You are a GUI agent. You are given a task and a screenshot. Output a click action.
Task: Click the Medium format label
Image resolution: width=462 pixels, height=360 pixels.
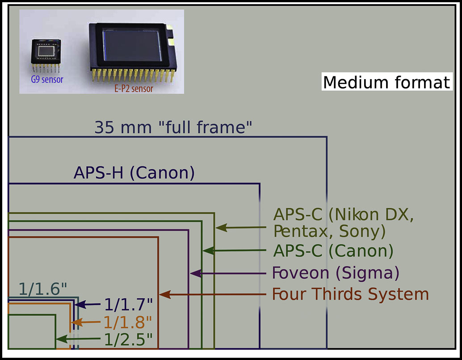386,83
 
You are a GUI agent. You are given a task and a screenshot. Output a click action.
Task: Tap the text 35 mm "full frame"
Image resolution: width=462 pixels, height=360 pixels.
173,128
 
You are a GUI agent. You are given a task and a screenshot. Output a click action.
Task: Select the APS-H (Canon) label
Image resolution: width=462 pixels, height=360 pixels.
134,173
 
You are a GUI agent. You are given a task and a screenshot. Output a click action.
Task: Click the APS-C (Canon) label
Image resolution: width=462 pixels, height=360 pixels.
333,251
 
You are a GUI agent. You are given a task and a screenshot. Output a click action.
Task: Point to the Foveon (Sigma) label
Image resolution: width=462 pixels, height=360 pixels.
336,272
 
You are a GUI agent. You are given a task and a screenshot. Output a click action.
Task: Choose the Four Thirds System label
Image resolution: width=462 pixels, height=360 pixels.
350,294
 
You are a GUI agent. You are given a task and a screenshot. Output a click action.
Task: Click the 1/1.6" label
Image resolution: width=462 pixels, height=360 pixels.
43,289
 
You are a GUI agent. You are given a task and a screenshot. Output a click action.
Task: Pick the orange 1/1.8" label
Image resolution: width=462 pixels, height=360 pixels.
128,322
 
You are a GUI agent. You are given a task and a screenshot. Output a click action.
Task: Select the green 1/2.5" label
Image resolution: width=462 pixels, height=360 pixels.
128,340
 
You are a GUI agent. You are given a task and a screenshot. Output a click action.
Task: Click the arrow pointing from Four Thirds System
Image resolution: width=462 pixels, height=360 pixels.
214,295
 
